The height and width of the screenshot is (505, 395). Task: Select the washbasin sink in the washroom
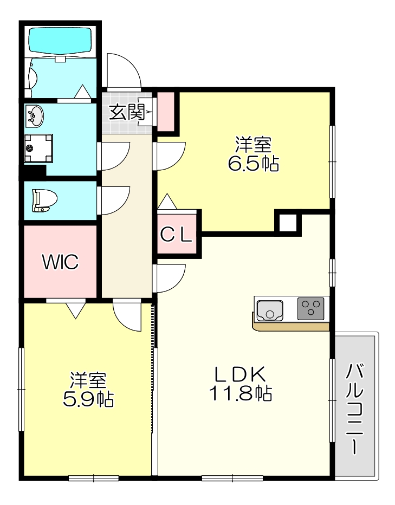click(35, 115)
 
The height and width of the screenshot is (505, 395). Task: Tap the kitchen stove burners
click(310, 308)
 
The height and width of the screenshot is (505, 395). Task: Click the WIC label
click(61, 262)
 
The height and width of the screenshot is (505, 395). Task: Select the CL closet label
click(177, 235)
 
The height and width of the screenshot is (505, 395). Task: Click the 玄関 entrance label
click(127, 113)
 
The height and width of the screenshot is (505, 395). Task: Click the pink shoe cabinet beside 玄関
click(166, 110)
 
